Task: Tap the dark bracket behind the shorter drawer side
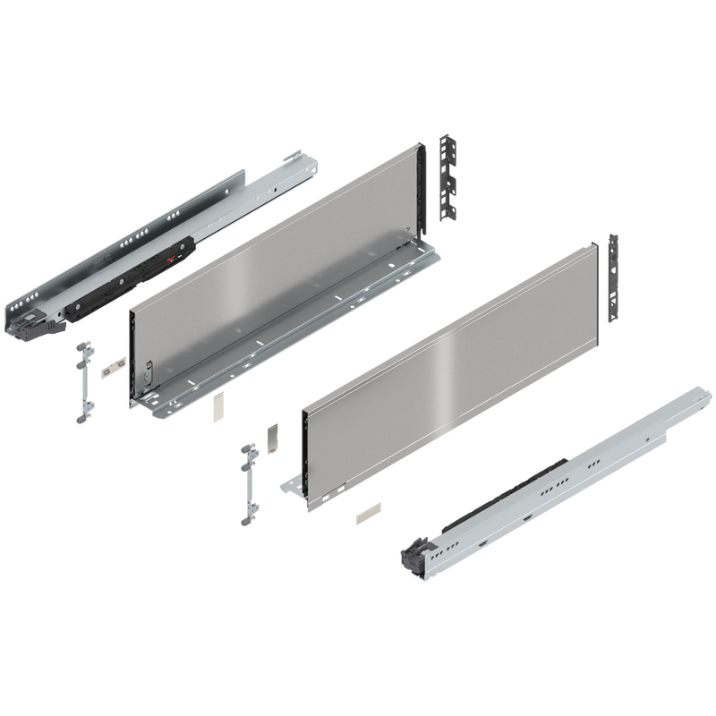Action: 613,277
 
